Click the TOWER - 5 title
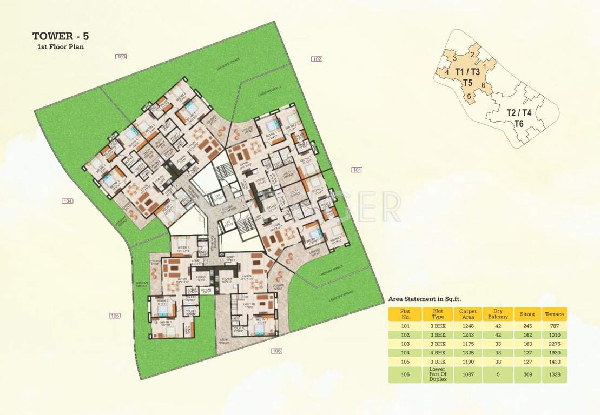(60, 37)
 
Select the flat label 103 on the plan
(121, 57)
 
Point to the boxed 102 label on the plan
(317, 59)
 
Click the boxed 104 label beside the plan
(67, 201)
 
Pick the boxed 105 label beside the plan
(115, 316)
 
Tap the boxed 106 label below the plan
(276, 351)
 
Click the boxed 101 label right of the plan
(357, 170)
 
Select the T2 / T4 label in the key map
(519, 113)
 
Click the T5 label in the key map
(467, 83)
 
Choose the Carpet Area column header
(468, 314)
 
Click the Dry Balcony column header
(497, 314)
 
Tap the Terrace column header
(555, 314)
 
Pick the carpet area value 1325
(468, 352)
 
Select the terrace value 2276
(555, 343)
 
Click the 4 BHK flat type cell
(437, 352)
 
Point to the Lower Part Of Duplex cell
(437, 374)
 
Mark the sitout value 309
(527, 374)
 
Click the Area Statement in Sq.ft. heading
(425, 298)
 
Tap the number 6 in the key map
(483, 85)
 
